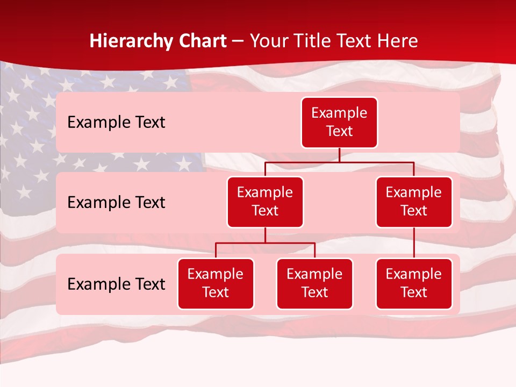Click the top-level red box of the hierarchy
point(339,123)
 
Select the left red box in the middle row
point(265,202)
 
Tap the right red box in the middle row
point(414,202)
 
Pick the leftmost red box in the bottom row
point(216,284)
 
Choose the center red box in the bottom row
point(314,284)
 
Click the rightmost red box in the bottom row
point(414,284)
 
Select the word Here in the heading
point(398,41)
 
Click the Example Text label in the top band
point(116,123)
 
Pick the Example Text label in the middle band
point(116,203)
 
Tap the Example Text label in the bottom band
point(116,284)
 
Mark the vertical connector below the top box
point(339,155)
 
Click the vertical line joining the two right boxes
point(414,243)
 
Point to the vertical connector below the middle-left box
point(265,235)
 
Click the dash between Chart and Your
point(238,41)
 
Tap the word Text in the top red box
point(339,132)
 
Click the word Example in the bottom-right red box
point(414,275)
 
